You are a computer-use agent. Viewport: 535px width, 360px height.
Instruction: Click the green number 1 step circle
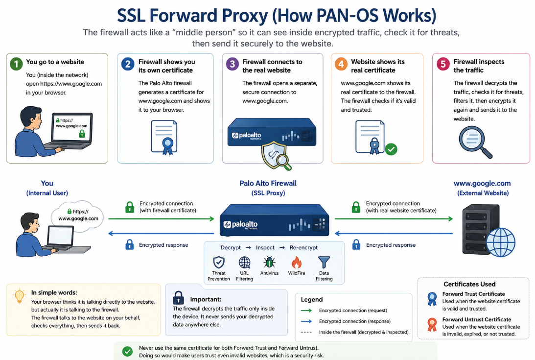coord(16,64)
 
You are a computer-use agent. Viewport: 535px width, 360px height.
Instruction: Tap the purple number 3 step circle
coord(233,64)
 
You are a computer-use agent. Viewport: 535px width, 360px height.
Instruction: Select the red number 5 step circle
coord(443,64)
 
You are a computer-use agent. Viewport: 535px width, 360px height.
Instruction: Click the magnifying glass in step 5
coord(475,142)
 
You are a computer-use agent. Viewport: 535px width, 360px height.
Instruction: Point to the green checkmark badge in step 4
coord(391,149)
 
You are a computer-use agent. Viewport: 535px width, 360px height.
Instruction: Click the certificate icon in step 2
coord(164,137)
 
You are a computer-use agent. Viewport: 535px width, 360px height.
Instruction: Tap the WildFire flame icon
coord(297,263)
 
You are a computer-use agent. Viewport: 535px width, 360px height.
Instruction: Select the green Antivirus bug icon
coord(269,263)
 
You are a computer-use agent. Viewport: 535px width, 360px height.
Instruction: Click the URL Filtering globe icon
coord(244,263)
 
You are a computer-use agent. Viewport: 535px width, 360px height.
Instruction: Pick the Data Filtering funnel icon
coord(324,263)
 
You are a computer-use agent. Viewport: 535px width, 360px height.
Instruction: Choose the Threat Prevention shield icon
coord(219,263)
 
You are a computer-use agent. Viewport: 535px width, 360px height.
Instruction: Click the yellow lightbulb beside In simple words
coord(19,296)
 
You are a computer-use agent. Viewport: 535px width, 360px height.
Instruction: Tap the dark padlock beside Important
coord(179,298)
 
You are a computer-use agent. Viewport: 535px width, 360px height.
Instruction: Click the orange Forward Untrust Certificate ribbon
coord(432,325)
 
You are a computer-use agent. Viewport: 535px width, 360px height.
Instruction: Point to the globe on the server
coord(501,242)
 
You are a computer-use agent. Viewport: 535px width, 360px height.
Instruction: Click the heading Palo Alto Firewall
coord(268,183)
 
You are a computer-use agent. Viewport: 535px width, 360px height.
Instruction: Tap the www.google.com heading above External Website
coord(482,183)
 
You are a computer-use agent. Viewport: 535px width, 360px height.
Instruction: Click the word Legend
coord(311,300)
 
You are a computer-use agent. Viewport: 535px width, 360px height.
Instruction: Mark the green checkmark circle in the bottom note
coord(127,352)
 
